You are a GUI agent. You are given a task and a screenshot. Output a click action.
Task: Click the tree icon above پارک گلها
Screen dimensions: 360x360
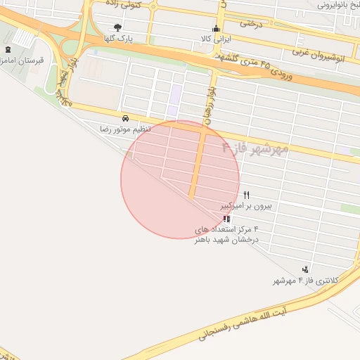tap(117, 28)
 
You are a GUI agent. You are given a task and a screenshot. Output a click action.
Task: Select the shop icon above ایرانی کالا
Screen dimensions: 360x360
tap(215, 29)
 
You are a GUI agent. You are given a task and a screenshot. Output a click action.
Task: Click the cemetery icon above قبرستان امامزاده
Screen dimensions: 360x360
tap(8, 50)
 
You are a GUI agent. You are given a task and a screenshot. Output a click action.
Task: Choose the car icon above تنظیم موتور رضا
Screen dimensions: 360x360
tap(125, 118)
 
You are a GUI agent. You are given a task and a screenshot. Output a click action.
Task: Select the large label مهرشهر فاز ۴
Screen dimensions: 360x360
tap(255, 148)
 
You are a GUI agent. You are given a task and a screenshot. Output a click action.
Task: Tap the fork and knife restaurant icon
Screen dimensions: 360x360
tap(246, 195)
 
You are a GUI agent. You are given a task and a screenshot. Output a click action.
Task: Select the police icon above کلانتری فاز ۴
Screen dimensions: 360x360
tap(305, 269)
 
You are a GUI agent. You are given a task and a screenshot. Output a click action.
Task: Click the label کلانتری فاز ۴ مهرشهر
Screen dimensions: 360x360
tap(306, 281)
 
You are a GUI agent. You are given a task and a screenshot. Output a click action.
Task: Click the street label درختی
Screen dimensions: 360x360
tap(250, 23)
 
